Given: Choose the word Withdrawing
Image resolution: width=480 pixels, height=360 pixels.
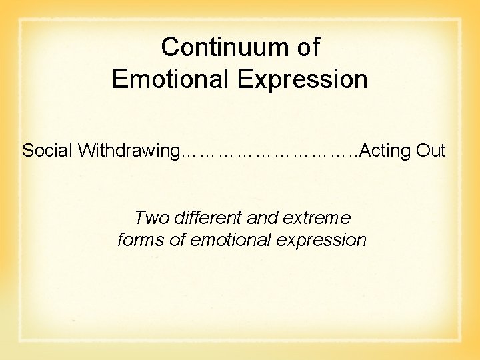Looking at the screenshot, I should [126, 151].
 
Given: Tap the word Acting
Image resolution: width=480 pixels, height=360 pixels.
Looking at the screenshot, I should [386, 151].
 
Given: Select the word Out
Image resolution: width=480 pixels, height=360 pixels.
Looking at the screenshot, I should [431, 151].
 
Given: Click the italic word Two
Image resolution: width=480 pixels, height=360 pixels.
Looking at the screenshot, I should [149, 218].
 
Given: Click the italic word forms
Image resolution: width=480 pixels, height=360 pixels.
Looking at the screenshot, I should [141, 240].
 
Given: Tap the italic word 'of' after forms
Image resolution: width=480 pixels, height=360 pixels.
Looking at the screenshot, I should [177, 240].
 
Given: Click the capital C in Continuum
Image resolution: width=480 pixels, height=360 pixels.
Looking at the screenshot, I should [171, 47].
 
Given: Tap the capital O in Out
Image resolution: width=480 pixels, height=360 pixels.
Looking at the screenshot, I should [423, 151].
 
